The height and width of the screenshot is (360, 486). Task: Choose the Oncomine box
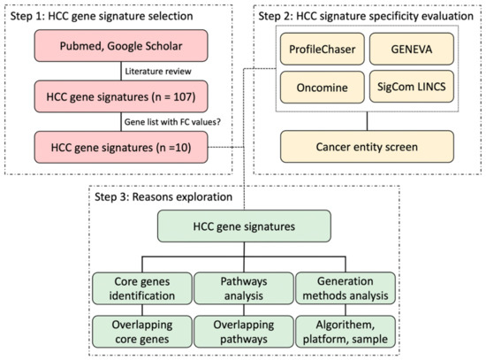coord(320,89)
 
